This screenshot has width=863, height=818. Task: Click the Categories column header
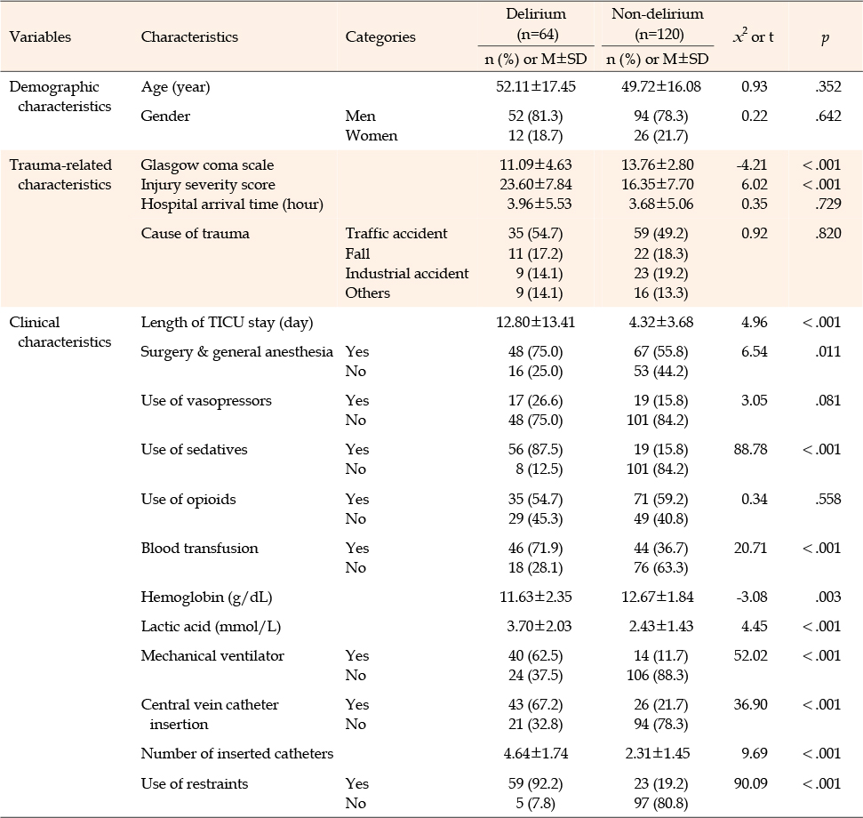380,36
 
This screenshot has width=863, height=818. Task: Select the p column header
825,38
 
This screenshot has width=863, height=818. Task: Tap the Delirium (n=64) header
536,24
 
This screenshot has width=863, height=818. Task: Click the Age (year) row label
176,87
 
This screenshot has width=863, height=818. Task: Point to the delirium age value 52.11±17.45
536,86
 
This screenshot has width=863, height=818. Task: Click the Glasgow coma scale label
207,165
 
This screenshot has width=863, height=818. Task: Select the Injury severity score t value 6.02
754,184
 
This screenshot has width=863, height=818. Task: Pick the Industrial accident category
407,274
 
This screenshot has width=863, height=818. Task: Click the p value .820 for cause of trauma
828,234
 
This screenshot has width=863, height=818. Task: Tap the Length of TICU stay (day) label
227,323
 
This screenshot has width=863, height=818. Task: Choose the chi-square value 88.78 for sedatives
750,450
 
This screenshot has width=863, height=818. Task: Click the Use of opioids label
188,500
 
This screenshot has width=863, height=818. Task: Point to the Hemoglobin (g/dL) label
206,597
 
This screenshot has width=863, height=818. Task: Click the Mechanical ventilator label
212,655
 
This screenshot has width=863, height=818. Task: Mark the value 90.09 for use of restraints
750,784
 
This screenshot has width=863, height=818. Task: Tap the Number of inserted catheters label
237,754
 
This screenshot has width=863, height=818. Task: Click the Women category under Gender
371,136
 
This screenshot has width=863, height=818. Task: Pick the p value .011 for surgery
828,352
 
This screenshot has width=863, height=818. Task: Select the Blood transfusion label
199,549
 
